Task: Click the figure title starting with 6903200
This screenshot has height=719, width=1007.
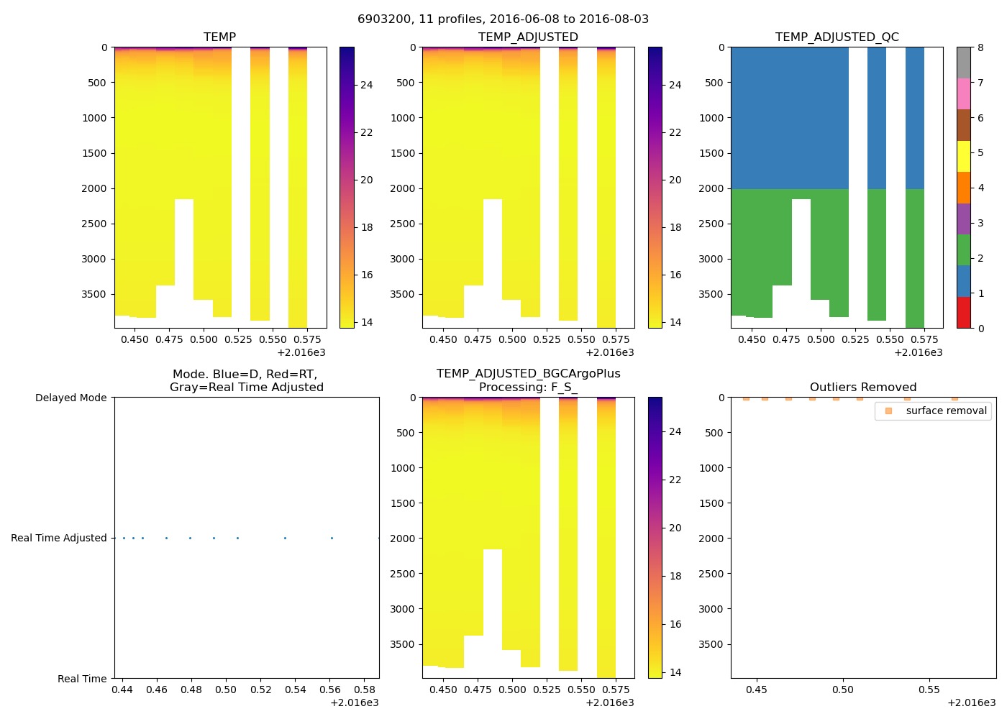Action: tap(503, 19)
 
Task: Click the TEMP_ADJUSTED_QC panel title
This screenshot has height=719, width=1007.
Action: tap(837, 37)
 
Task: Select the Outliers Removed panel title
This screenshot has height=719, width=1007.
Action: tap(863, 388)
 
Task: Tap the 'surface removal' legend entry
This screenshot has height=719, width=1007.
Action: tap(946, 411)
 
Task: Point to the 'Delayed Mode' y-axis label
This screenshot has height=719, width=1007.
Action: tap(70, 398)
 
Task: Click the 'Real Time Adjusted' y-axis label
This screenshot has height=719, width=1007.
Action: tap(58, 539)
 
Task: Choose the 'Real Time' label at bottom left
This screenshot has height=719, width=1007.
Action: tap(82, 679)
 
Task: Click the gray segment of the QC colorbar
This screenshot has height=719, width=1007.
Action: tap(964, 63)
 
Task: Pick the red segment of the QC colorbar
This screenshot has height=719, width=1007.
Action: tap(964, 313)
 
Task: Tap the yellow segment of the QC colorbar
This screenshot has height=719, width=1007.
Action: tap(964, 156)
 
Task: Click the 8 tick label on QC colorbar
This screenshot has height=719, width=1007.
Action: tap(980, 48)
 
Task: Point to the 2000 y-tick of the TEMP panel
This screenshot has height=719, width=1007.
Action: tap(94, 189)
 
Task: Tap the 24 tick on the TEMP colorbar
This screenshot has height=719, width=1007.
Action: tap(366, 86)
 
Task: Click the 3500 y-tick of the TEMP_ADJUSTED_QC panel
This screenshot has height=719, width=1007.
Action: tap(711, 295)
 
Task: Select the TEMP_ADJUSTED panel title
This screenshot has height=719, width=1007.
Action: tap(528, 37)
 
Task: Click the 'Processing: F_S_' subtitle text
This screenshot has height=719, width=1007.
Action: tap(528, 388)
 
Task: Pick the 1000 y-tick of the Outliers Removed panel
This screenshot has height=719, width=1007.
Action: tap(711, 468)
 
